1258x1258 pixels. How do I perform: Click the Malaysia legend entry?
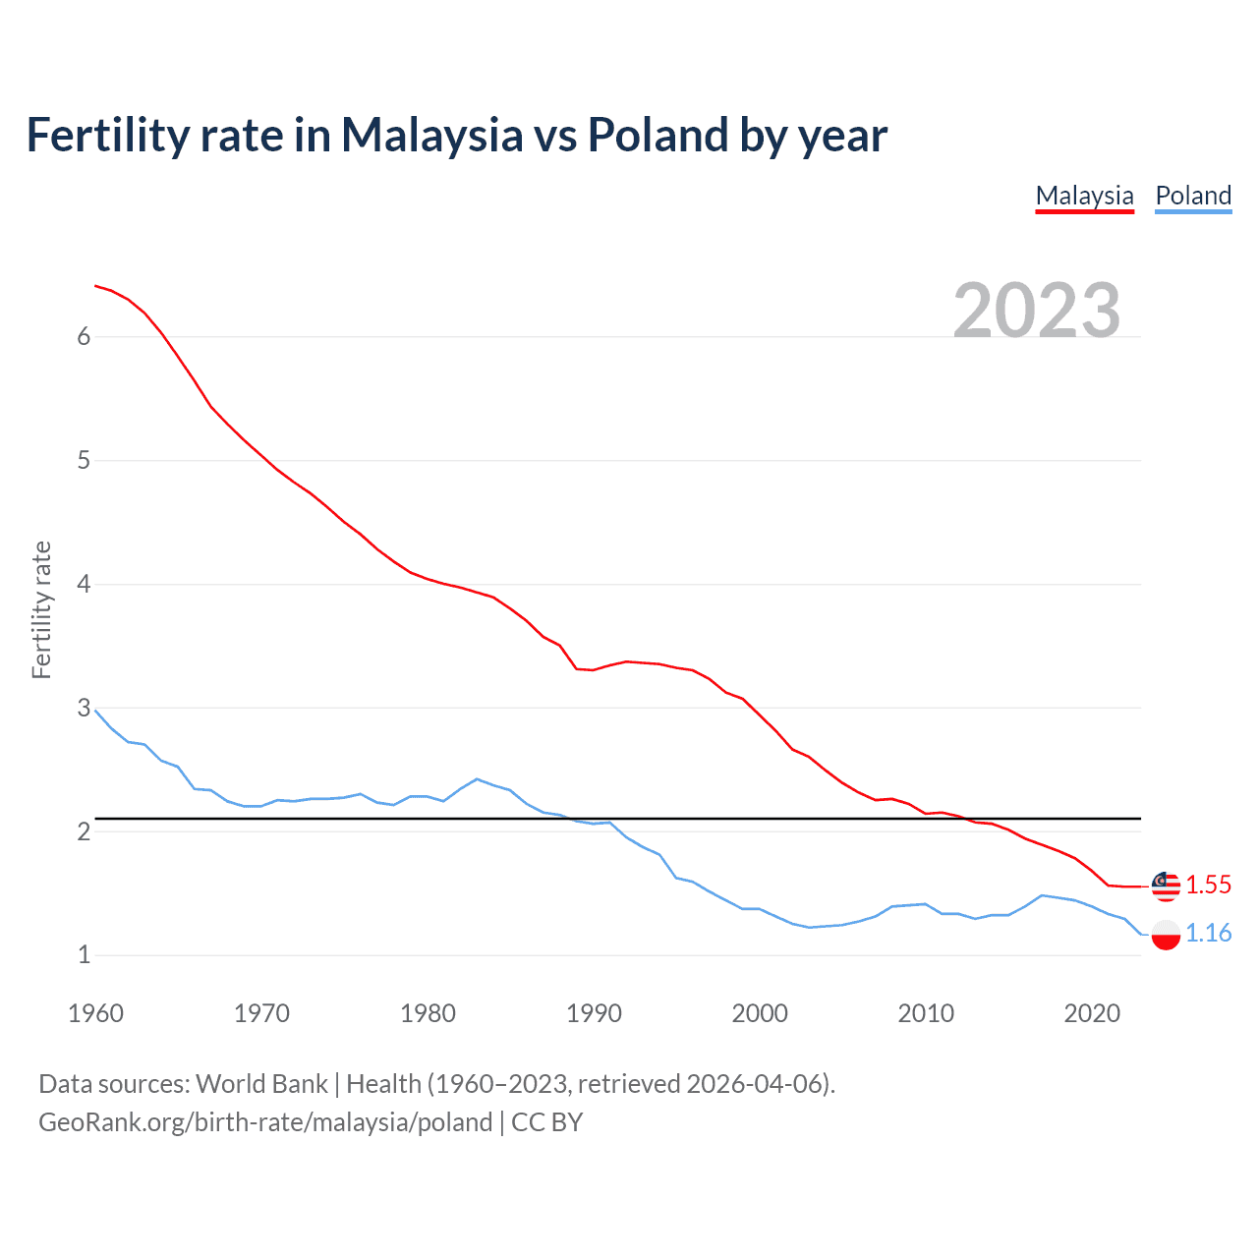tap(1084, 196)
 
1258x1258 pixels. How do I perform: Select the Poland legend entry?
tap(1193, 196)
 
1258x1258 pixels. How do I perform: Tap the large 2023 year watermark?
tap(1036, 311)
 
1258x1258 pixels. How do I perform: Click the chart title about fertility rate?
tap(456, 135)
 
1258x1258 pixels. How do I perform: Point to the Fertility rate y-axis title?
tap(41, 609)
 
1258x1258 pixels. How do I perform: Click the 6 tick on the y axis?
tap(84, 337)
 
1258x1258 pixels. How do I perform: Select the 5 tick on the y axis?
tap(84, 461)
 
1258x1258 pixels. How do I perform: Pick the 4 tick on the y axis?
tap(84, 585)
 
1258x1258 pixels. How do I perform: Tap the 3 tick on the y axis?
tap(84, 709)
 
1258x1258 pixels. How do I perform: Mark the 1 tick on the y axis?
tap(84, 955)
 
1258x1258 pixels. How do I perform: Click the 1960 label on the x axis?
tap(95, 1013)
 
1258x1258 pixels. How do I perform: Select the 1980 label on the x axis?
tap(428, 1013)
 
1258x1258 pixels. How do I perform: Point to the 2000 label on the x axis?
tap(760, 1013)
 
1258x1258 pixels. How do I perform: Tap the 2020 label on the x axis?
tap(1092, 1013)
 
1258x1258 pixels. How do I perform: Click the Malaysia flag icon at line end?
tap(1166, 886)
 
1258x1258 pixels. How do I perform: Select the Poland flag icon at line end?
tap(1166, 935)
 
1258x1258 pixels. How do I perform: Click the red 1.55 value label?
tap(1208, 886)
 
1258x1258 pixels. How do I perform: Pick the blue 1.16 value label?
tap(1208, 934)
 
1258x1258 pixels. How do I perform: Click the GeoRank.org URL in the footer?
tap(265, 1122)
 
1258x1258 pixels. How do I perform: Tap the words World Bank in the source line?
tap(261, 1084)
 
